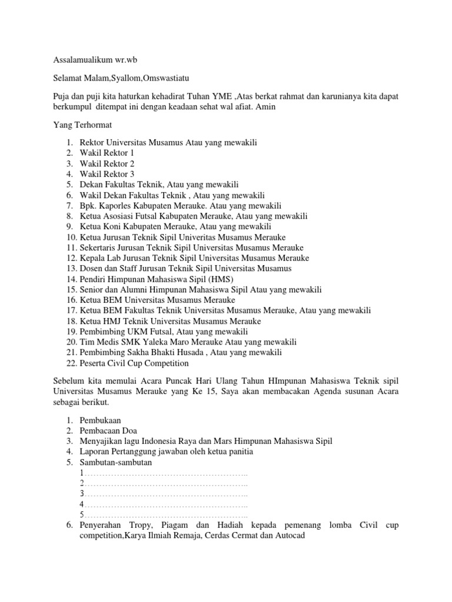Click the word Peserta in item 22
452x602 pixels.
[93, 363]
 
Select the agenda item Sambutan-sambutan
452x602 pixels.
[115, 463]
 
